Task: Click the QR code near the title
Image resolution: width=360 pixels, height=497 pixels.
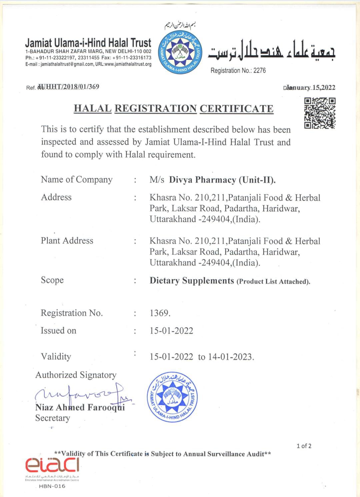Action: pos(320,113)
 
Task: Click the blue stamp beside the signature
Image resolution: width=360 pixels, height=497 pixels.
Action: pos(172,397)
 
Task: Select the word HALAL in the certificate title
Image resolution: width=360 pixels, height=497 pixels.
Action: pos(92,109)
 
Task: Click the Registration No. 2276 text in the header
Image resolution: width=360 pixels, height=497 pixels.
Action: pos(238,71)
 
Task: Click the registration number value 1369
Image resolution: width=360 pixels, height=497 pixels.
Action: pos(160,313)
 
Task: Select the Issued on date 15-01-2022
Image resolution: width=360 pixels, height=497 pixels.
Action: pos(171,331)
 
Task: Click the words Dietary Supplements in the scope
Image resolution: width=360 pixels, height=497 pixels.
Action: pos(192,280)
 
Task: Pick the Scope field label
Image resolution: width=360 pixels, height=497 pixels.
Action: pos(52,280)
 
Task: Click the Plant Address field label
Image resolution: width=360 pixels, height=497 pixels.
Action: pos(67,241)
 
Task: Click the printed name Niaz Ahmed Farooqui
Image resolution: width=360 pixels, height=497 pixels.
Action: pos(80,407)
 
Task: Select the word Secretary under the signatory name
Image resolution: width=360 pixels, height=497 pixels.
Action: pos(53,418)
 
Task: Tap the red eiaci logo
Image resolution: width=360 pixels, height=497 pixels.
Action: pos(52,465)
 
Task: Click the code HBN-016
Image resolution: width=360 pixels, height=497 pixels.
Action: pos(52,486)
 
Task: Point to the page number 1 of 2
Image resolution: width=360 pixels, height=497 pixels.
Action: pos(304,446)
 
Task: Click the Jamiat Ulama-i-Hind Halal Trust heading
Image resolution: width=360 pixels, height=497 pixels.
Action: pos(88,43)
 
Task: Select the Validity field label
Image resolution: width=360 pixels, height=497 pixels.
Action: pos(56,356)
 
